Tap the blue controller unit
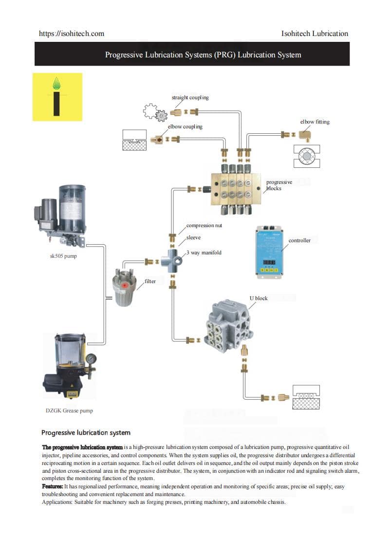click(x=270, y=251)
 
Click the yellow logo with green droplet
click(x=57, y=97)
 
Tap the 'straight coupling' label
click(x=190, y=97)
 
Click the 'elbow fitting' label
click(x=315, y=122)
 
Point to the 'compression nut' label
click(x=204, y=225)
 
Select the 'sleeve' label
click(x=193, y=238)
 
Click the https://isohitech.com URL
click(x=72, y=34)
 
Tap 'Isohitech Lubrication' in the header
click(x=315, y=34)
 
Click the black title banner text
click(x=203, y=54)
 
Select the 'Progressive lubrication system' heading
click(x=86, y=432)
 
